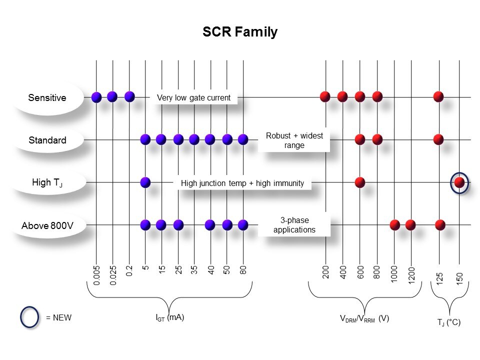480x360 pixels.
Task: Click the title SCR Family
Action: [239, 32]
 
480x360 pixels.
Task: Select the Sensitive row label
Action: [47, 97]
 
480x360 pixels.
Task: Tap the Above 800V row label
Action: [47, 226]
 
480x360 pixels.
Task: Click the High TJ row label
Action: [47, 183]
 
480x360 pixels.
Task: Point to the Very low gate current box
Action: [193, 98]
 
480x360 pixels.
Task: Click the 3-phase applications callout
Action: [294, 225]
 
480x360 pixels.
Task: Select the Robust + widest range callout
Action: [294, 140]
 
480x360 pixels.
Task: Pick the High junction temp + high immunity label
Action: [242, 183]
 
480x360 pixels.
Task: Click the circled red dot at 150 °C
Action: [459, 182]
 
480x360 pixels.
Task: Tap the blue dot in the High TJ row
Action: [145, 182]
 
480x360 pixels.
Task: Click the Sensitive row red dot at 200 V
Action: [325, 96]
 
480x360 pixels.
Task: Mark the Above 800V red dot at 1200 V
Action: [410, 224]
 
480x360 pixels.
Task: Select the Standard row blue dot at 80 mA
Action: [243, 139]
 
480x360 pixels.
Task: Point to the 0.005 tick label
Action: [97, 274]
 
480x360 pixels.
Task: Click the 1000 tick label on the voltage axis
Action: [394, 274]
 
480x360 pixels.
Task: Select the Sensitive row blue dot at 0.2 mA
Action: [129, 96]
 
